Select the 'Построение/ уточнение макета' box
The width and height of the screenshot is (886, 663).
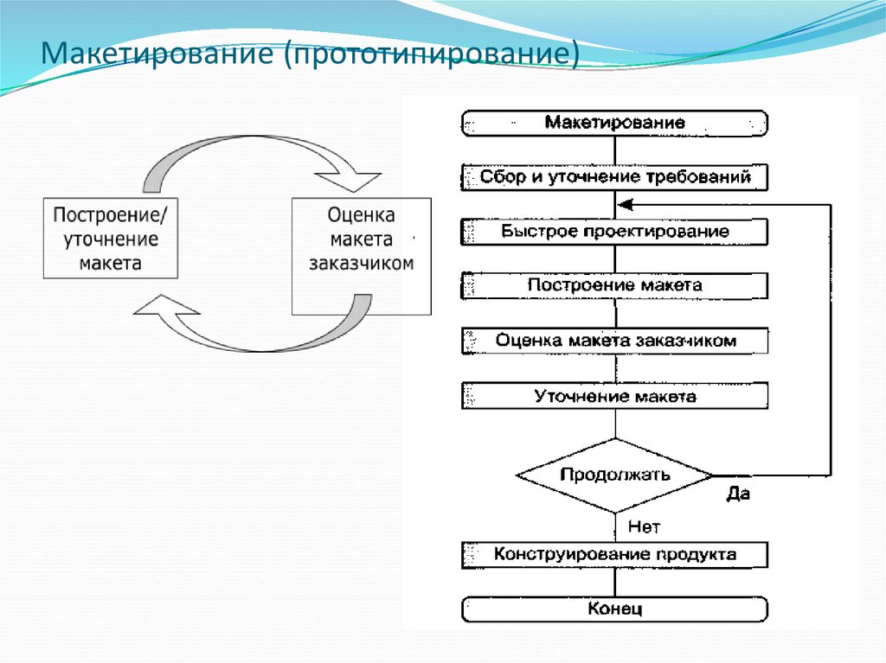(111, 239)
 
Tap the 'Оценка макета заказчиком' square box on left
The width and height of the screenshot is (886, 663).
(361, 255)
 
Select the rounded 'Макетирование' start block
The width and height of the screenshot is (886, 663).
(614, 123)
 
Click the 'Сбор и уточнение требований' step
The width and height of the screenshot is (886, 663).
(614, 178)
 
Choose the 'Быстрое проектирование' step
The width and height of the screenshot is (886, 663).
(614, 232)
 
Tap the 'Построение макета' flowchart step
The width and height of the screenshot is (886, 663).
(614, 285)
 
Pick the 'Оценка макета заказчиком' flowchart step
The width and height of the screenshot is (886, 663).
(614, 341)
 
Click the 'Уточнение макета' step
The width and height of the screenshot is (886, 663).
(614, 397)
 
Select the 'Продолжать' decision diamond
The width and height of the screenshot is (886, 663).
(614, 475)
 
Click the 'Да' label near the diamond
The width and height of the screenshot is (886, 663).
(737, 495)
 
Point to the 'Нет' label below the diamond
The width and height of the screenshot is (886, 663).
(642, 525)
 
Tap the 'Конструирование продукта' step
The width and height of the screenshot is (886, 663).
(614, 554)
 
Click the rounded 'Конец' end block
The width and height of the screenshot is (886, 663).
(614, 609)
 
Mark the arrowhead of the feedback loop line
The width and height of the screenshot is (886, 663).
(624, 204)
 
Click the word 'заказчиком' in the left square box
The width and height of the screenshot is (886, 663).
(361, 264)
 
